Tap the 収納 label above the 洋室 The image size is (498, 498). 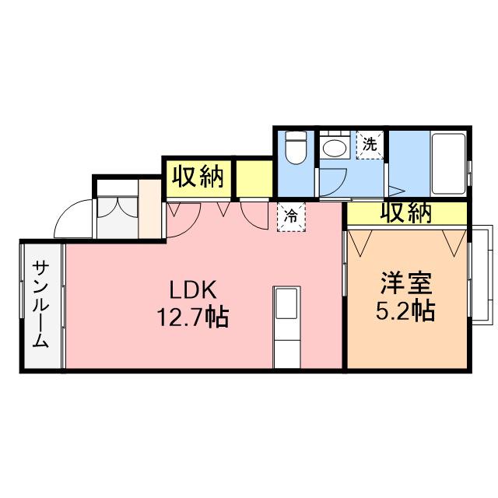point(405,212)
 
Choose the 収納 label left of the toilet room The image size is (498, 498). point(198,177)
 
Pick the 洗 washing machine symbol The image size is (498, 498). point(370,144)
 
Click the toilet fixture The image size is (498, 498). point(296,148)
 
